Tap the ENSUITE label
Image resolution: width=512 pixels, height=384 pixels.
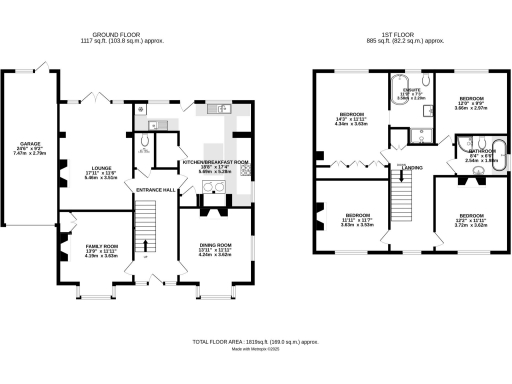(x=410, y=91)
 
